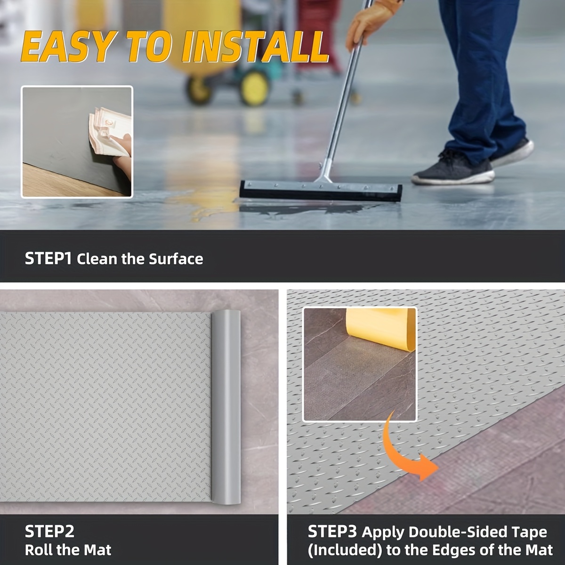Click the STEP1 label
click(x=48, y=258)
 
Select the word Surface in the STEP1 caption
click(x=176, y=259)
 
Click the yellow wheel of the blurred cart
click(x=255, y=87)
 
